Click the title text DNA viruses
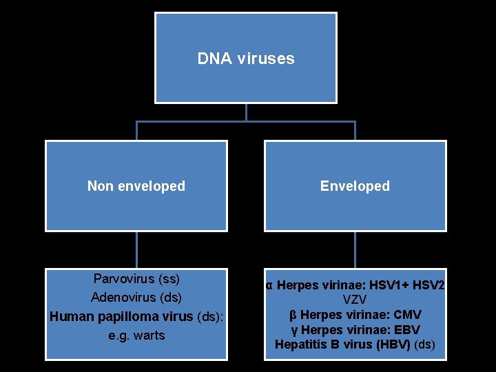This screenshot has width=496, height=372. (x=246, y=59)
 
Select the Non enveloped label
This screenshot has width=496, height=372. (x=136, y=186)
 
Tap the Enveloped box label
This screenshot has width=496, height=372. (x=355, y=186)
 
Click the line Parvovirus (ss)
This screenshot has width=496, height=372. (x=136, y=279)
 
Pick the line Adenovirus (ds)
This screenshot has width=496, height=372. (x=136, y=298)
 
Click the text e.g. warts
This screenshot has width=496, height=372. (x=136, y=335)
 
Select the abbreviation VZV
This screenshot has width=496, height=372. (x=355, y=300)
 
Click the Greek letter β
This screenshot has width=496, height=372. (x=293, y=315)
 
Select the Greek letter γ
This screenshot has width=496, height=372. (x=293, y=330)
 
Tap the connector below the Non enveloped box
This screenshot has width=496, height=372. (x=136, y=249)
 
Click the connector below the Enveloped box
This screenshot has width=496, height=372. (x=355, y=249)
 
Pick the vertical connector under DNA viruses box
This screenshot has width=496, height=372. (x=246, y=112)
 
